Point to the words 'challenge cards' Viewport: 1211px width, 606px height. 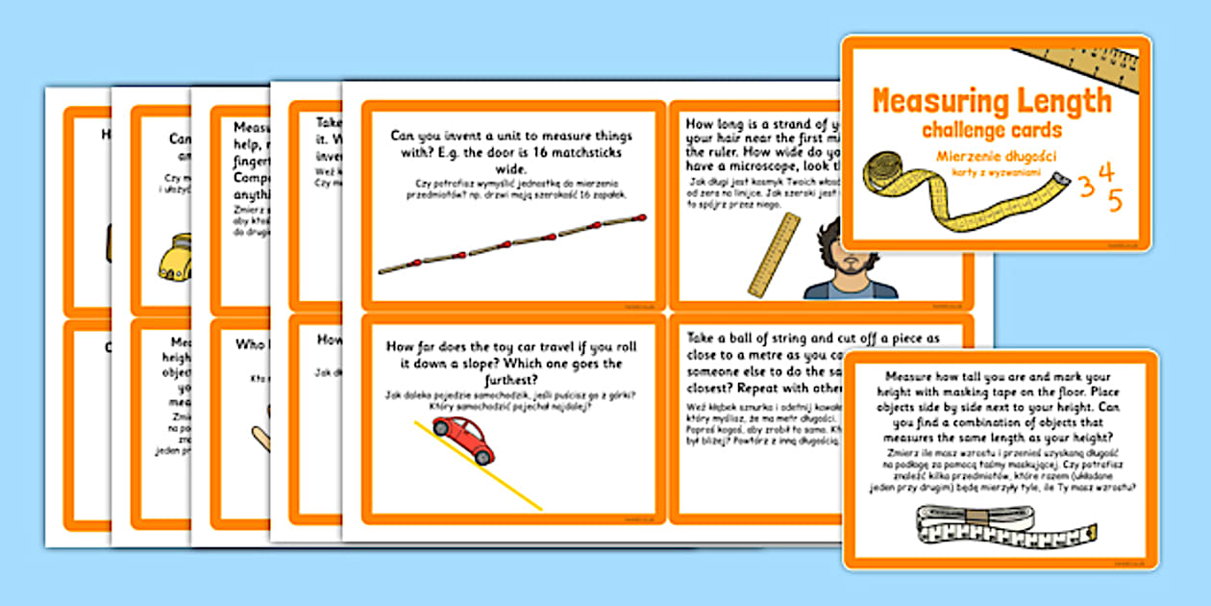[x=991, y=130]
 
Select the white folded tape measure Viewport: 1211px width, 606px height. [x=1004, y=527]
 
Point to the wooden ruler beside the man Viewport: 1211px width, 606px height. [x=774, y=253]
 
